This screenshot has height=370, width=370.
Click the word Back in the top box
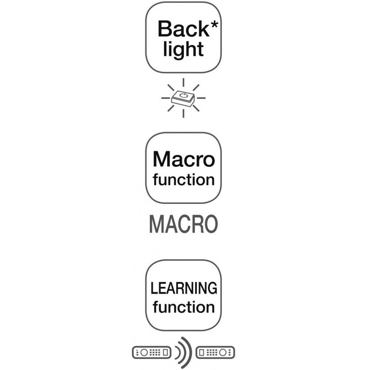(184, 29)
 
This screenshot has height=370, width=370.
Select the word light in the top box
(184, 50)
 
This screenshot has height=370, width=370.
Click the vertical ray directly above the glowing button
(184, 82)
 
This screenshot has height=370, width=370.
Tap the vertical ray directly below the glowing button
(184, 113)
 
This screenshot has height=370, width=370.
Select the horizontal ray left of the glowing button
(165, 98)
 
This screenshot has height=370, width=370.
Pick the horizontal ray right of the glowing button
(201, 98)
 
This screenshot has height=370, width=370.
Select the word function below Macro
(184, 180)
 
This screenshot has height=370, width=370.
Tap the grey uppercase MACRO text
(184, 225)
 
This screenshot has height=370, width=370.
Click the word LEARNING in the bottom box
(184, 288)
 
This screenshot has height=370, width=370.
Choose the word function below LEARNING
(184, 307)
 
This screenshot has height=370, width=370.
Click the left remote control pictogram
(151, 353)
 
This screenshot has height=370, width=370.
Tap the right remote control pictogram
(215, 353)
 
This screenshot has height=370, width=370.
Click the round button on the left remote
(144, 353)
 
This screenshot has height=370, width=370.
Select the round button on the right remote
(223, 353)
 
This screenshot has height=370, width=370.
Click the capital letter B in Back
(165, 29)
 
